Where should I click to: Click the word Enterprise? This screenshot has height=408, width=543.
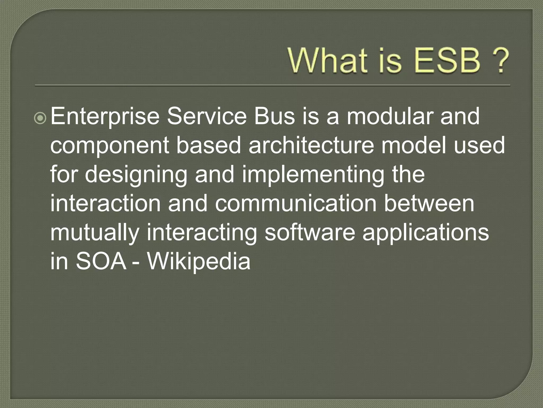104,117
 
